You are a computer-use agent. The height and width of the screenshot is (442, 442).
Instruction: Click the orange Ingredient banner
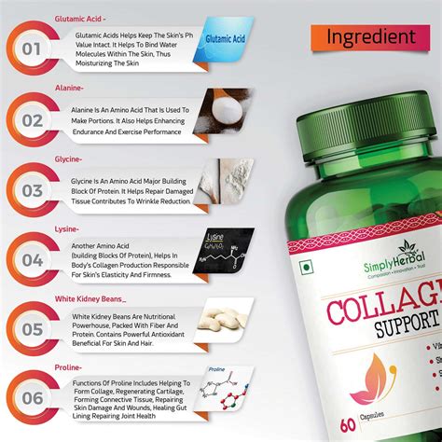tap(370, 36)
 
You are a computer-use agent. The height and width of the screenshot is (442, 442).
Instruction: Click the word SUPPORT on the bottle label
tap(382, 331)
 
